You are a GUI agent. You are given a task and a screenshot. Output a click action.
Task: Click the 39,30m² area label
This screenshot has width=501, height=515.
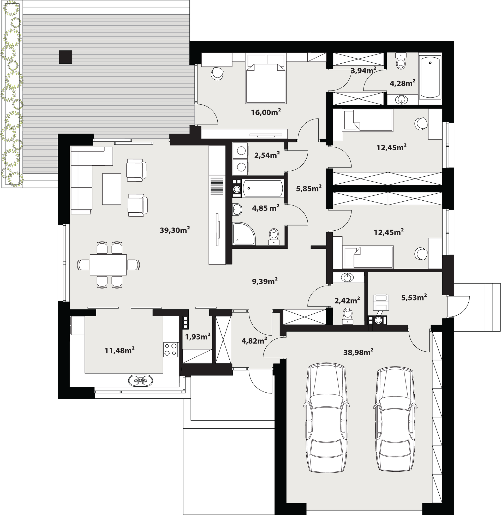point(175,230)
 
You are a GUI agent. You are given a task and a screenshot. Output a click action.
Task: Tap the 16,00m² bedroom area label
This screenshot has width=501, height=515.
point(266,112)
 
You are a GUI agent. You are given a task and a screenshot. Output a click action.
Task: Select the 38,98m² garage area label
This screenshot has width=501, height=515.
point(358,352)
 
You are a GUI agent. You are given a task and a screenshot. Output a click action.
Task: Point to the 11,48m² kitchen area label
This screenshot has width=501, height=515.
point(120,350)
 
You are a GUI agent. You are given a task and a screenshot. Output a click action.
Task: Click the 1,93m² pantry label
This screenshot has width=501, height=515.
point(198,337)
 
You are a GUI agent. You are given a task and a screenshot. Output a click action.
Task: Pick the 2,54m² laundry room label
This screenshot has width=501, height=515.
point(267,155)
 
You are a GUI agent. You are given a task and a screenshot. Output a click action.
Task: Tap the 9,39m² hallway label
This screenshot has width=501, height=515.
point(265,282)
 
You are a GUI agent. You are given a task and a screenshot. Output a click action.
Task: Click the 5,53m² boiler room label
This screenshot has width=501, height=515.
point(414,297)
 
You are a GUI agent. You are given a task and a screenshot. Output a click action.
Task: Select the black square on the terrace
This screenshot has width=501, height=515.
point(65,57)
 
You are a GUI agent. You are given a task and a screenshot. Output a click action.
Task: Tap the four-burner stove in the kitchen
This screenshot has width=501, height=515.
point(171,350)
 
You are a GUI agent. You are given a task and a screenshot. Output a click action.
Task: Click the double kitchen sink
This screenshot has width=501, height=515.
point(140,380)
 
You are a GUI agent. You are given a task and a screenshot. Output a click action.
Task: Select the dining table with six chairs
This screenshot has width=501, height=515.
point(108,265)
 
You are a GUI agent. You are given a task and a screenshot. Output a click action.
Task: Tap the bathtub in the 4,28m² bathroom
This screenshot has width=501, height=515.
point(430,77)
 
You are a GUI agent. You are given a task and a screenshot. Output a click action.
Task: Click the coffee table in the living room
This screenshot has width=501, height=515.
point(112,189)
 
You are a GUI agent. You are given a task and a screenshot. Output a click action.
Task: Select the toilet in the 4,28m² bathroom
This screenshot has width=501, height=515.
point(401,61)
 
